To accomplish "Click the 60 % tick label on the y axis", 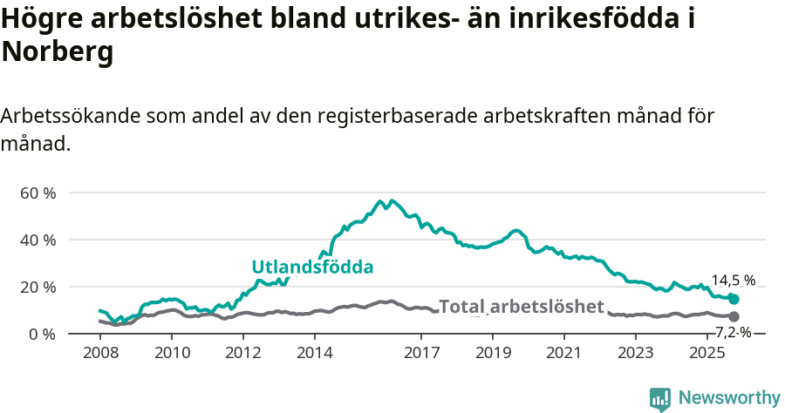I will click(x=38, y=193).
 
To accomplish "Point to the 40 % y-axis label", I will click(x=38, y=240).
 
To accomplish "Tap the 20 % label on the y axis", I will click(x=38, y=287).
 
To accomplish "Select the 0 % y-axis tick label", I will click(x=41, y=334).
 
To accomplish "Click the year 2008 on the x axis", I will click(x=100, y=353).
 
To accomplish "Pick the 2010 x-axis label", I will click(x=172, y=353).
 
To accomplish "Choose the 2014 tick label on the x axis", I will click(x=315, y=353).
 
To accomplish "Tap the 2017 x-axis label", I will click(x=422, y=353).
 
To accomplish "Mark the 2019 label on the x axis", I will click(x=493, y=353).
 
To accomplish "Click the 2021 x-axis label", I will click(x=564, y=353).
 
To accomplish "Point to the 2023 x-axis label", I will click(x=636, y=353).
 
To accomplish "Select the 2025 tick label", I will click(x=707, y=353).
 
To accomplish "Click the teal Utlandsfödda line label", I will click(x=312, y=267).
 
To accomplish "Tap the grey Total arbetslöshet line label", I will click(x=521, y=307).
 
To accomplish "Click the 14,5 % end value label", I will click(x=734, y=281).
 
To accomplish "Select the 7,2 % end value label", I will click(x=734, y=332).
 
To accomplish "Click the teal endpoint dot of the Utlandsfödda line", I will click(x=734, y=299).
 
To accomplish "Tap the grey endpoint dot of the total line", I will click(x=734, y=316).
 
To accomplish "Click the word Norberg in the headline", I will click(x=58, y=52).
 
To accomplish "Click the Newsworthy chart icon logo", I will click(x=660, y=399).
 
